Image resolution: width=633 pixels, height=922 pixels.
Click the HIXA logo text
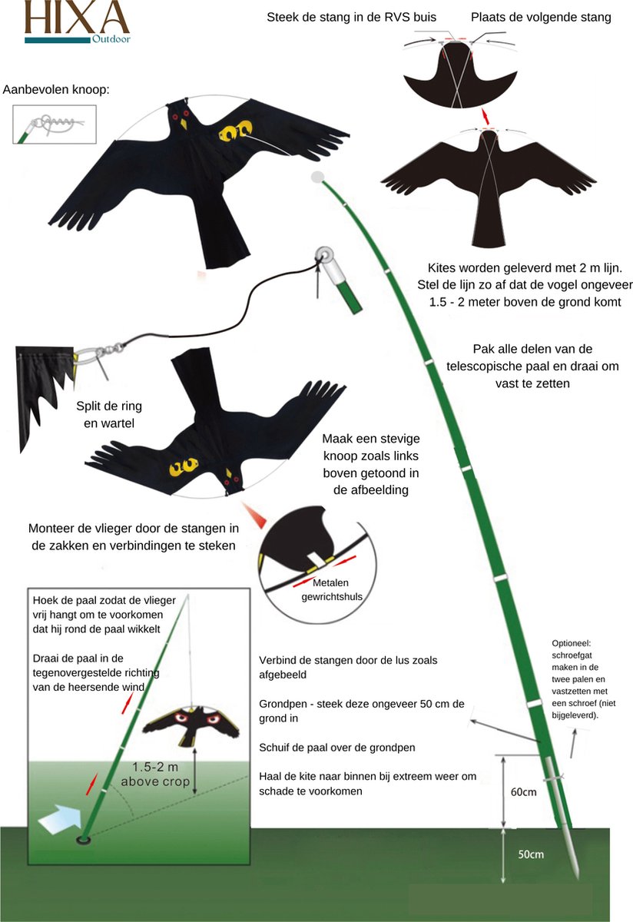point(76,17)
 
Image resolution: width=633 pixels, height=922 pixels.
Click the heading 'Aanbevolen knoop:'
point(56,90)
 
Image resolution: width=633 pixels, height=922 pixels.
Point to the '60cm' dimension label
point(523,792)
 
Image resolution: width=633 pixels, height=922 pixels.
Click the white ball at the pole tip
point(316,177)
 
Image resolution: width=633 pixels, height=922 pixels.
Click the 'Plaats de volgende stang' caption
point(541,17)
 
